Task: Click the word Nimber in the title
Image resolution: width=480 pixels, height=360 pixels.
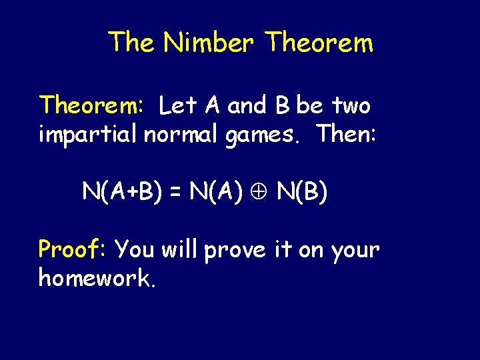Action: point(209,43)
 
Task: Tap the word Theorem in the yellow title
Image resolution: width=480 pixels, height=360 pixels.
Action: point(319,43)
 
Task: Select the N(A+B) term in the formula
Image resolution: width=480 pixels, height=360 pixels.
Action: point(124,193)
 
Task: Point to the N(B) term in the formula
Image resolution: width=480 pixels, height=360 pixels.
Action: point(302,193)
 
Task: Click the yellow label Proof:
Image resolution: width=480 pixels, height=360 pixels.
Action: point(73,249)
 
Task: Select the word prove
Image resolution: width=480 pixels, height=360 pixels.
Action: point(236,251)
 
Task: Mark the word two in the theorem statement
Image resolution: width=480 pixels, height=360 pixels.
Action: point(351,105)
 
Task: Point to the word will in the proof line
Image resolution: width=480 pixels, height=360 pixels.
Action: point(180,249)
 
